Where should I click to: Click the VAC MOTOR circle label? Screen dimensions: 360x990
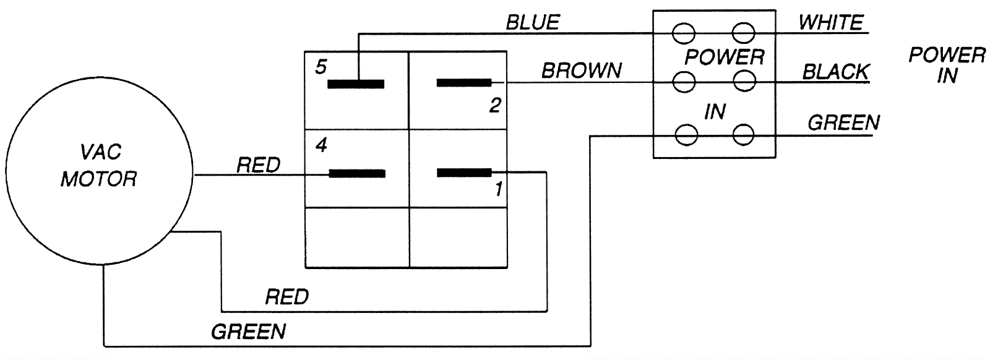pos(98,166)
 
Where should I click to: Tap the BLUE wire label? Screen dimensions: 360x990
pos(532,23)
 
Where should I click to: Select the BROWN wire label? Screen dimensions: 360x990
pos(582,71)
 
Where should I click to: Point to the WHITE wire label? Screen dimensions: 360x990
pos(830,23)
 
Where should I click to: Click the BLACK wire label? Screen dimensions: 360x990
pos(835,72)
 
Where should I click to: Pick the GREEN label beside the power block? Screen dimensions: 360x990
pos(843,123)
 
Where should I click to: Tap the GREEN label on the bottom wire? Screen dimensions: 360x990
pos(249,332)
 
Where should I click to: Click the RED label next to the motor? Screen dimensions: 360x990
pos(259,165)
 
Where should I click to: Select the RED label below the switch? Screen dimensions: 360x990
pos(286,298)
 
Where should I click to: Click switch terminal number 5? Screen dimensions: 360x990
pos(321,67)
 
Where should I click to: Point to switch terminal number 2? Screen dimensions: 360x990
pos(494,106)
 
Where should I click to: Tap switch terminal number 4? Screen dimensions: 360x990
pos(321,146)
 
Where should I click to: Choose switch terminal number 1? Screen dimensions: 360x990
pos(499,189)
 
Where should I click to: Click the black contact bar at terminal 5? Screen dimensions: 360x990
pos(356,84)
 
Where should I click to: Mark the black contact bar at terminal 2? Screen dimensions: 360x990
pos(464,82)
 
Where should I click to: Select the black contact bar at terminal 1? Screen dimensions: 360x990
pos(464,173)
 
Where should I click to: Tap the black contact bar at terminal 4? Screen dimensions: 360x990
pos(356,174)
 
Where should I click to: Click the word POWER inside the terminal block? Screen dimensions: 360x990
pos(724,58)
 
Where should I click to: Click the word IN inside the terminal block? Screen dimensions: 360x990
pos(715,112)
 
